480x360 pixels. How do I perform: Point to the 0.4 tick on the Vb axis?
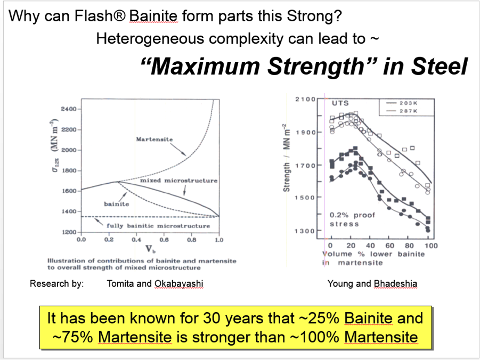tap(136, 240)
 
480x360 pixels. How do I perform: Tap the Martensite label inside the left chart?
tap(154, 140)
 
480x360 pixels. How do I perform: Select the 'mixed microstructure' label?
tap(179, 181)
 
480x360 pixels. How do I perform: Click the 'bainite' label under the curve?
tap(116, 204)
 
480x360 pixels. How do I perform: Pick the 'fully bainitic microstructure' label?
tap(158, 226)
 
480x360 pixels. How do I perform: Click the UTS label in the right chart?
tap(340, 103)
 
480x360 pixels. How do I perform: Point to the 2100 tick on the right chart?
tap(305, 99)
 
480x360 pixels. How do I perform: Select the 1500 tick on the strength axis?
tap(305, 198)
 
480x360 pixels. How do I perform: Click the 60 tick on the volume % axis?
tap(389, 245)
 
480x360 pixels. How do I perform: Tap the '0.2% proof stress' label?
tap(352, 219)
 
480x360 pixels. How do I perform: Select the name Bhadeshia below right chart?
tap(395, 284)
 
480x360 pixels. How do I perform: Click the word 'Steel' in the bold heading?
tap(440, 66)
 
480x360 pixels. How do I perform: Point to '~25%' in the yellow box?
tap(319, 318)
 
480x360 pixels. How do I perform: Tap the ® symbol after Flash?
tap(120, 16)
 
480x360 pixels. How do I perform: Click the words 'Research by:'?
tap(56, 284)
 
